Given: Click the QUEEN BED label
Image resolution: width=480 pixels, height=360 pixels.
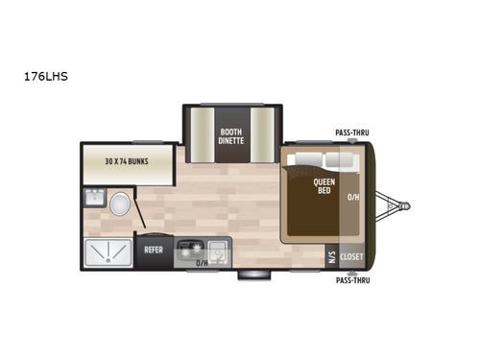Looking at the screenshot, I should point(324,185).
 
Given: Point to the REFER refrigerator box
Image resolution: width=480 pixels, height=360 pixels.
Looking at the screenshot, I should point(154,249).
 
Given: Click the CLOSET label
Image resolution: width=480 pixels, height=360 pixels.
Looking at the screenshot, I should point(352,257).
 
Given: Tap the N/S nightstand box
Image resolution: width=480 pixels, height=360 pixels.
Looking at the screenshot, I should point(330,256).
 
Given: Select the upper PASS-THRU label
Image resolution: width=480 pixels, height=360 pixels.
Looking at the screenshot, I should point(352,132).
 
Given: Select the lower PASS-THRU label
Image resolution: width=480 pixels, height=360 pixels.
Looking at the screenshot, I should point(352,282).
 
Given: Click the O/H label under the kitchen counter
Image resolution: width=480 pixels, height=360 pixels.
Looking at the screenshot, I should point(202,263).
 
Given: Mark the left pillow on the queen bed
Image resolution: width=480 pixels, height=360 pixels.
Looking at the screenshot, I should point(309,159).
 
